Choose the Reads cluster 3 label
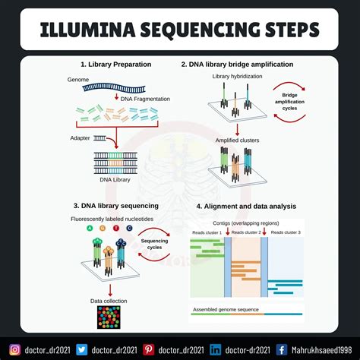point(286,232)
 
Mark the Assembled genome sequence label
point(225,310)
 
